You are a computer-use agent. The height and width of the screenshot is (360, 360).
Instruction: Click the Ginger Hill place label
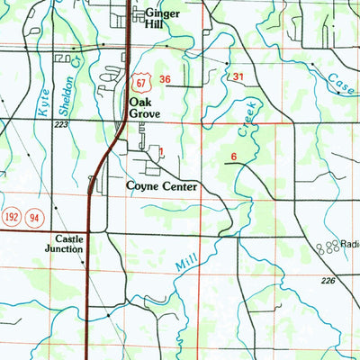click(x=162, y=19)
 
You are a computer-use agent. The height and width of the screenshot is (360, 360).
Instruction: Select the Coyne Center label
click(x=162, y=186)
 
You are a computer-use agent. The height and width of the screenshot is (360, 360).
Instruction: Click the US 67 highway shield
click(x=139, y=81)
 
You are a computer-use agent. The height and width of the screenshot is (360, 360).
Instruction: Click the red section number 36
click(x=165, y=80)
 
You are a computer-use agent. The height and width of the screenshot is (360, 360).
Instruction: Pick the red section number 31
click(x=238, y=78)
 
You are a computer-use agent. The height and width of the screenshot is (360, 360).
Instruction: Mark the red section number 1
click(x=161, y=152)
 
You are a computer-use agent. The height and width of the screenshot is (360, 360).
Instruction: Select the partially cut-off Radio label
click(x=349, y=244)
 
